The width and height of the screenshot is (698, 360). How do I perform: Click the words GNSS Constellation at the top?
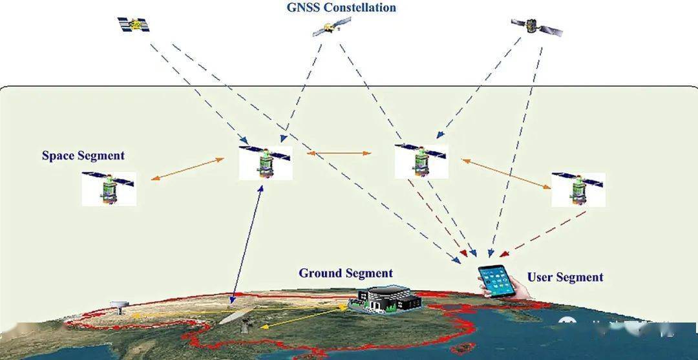[341, 8]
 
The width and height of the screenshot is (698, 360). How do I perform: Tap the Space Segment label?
[83, 156]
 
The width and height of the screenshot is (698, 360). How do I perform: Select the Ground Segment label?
[345, 273]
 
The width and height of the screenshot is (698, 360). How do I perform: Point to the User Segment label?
[565, 277]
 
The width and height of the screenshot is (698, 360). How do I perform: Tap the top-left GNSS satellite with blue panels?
[133, 25]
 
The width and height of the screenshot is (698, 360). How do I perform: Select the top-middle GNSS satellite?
[332, 27]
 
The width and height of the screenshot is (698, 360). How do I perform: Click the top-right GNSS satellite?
[536, 26]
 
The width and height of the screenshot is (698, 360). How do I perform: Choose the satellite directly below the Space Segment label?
[109, 188]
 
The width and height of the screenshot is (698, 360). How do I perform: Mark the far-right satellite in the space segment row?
[578, 189]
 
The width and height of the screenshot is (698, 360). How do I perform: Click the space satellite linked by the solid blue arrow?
[265, 162]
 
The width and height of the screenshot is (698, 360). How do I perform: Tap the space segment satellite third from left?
[421, 161]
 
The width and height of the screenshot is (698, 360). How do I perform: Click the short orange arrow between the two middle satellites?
[339, 154]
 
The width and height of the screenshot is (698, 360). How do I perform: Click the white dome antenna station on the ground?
[118, 305]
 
